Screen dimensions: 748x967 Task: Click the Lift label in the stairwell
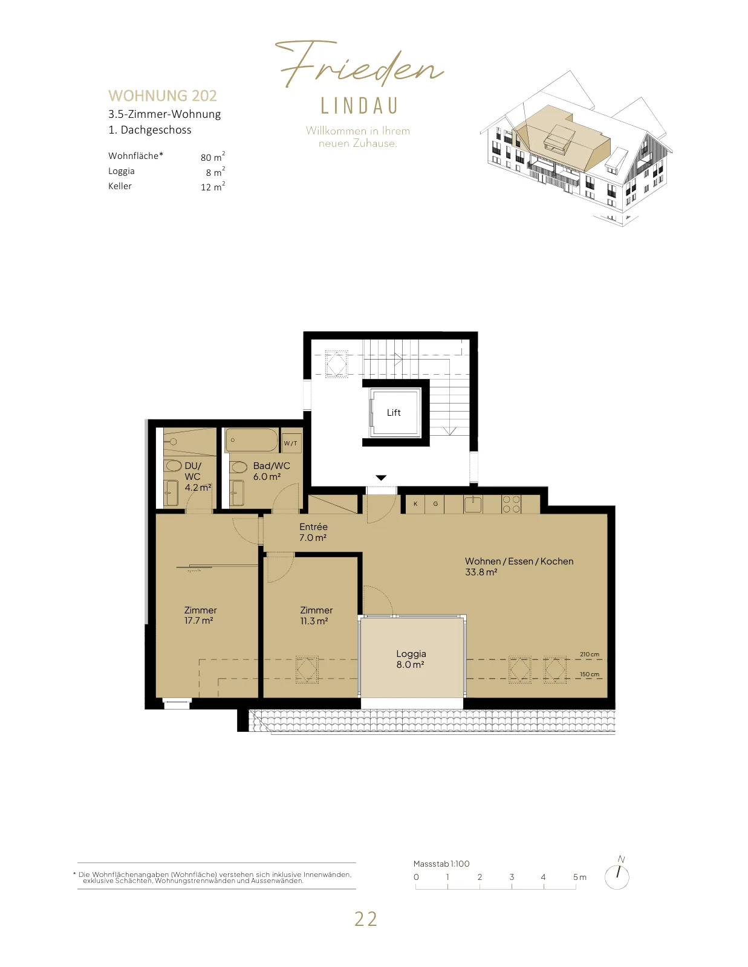pos(394,413)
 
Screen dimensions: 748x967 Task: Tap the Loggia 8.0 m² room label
pos(411,659)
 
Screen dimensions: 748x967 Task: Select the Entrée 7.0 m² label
pos(313,532)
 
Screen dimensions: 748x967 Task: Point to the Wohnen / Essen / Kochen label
pos(519,561)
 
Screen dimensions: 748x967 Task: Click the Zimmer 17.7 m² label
pos(200,615)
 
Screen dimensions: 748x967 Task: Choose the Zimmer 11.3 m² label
pos(316,615)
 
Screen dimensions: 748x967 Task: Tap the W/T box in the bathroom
pos(291,443)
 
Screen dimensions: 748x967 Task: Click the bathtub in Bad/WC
pos(252,440)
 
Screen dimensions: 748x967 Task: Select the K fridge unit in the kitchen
pos(415,504)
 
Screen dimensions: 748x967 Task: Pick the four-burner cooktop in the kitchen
pos(511,504)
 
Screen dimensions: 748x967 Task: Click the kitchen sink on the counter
pos(473,505)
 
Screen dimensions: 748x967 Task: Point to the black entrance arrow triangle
pos(381,477)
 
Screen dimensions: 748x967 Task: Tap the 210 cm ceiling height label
pos(590,654)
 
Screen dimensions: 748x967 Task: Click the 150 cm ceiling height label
pos(590,674)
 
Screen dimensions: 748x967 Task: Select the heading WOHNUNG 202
pos(163,95)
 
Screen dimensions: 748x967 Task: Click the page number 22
pos(366,919)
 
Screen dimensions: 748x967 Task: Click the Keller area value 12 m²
pos(213,187)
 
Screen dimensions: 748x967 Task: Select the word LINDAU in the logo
pos(359,106)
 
